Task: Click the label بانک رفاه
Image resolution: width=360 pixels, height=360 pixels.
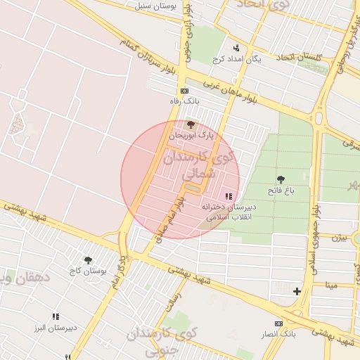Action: (x=185, y=101)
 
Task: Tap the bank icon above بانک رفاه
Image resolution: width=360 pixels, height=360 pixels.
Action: (x=185, y=91)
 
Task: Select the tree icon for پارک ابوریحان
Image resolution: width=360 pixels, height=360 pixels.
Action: (x=191, y=124)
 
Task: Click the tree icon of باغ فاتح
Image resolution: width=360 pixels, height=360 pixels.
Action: (x=281, y=180)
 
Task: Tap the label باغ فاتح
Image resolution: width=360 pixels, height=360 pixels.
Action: (x=281, y=191)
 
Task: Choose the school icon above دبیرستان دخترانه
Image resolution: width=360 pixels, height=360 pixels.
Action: (x=229, y=196)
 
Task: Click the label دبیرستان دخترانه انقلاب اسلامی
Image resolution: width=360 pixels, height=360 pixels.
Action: (x=229, y=212)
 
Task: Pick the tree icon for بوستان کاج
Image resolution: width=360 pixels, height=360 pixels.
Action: (x=88, y=261)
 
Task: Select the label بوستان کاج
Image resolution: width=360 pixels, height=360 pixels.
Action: (x=88, y=271)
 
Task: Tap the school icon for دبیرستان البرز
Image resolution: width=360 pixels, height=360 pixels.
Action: (x=56, y=318)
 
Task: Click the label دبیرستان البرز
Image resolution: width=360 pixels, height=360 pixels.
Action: (x=56, y=328)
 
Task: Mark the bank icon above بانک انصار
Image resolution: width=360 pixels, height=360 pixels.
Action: (x=279, y=323)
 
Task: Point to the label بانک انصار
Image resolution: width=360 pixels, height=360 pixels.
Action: (x=279, y=333)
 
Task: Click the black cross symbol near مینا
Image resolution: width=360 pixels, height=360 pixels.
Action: (x=297, y=290)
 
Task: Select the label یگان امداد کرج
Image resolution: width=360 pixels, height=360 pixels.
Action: (x=240, y=59)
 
